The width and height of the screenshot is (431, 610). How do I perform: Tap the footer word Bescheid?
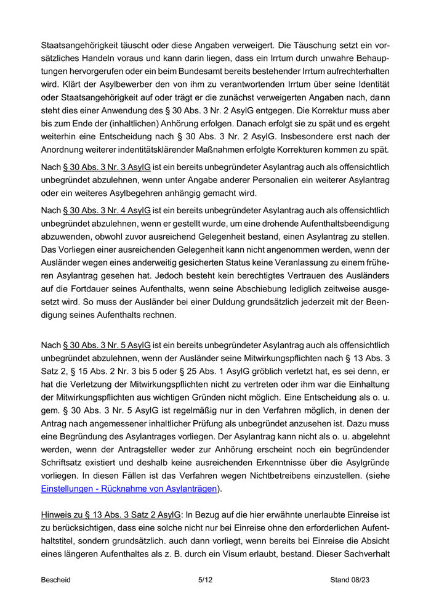click(x=56, y=580)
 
